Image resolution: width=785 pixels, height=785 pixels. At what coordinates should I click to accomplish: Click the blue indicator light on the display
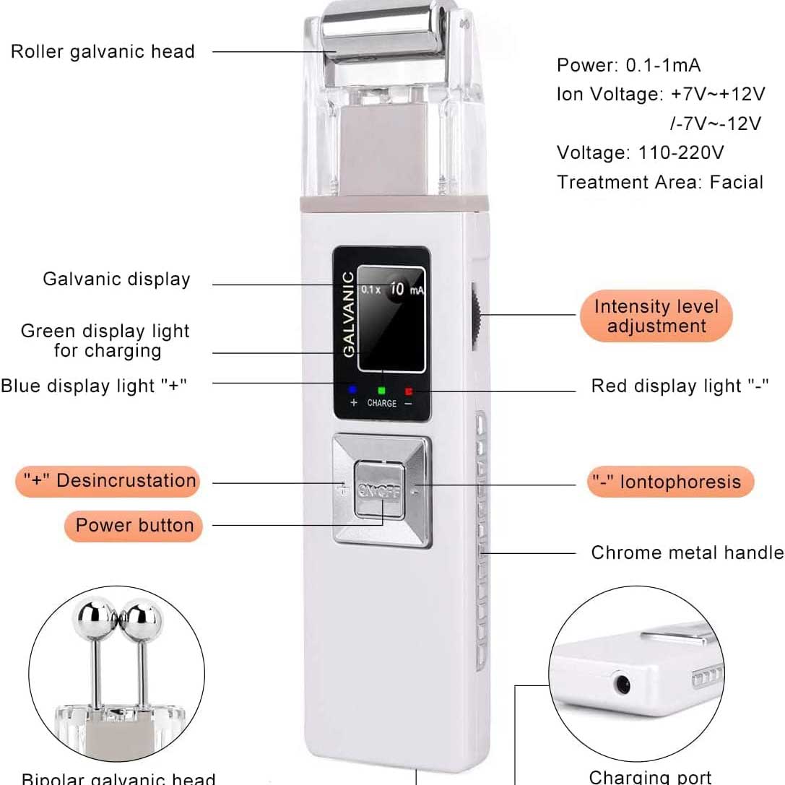(353, 389)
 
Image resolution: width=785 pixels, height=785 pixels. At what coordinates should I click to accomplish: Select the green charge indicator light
(381, 390)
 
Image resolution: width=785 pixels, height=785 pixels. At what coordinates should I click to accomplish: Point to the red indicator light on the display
(409, 391)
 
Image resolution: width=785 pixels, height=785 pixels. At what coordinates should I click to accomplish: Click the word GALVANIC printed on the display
(349, 314)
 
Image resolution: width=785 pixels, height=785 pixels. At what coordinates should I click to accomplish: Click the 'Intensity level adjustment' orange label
(656, 316)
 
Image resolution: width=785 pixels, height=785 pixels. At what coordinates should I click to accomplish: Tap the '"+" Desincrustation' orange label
(107, 481)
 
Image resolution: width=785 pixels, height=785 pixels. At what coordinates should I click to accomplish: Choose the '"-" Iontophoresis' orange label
(665, 482)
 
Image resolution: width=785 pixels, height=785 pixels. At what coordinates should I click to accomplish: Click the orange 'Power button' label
(134, 525)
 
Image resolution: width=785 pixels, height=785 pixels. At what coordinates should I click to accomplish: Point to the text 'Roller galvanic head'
(103, 51)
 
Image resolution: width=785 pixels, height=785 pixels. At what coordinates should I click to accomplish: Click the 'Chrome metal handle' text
(686, 552)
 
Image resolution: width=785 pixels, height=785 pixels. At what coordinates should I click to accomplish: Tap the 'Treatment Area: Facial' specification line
(659, 181)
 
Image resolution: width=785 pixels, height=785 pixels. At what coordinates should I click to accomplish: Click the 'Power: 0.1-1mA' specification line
(628, 65)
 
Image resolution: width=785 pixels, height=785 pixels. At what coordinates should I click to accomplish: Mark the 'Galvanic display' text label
(116, 279)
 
